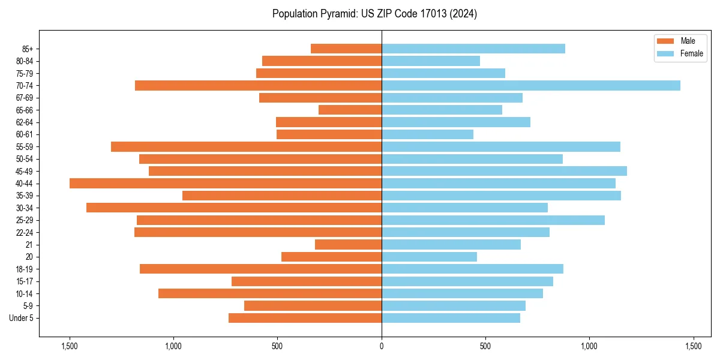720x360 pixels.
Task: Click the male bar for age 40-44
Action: point(226,184)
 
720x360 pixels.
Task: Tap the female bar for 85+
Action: point(473,49)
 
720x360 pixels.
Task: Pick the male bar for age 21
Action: point(348,245)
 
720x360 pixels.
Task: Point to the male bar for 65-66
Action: point(350,110)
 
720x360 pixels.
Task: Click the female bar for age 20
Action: point(429,257)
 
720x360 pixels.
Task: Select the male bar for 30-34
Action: point(234,208)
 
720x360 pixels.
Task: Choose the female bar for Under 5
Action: point(451,318)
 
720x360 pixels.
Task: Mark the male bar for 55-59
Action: point(246,147)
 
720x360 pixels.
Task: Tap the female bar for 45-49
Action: point(504,171)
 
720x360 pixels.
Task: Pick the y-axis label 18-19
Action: point(24,269)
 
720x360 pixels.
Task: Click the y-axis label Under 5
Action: point(21,318)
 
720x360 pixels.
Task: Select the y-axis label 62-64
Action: point(24,122)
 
